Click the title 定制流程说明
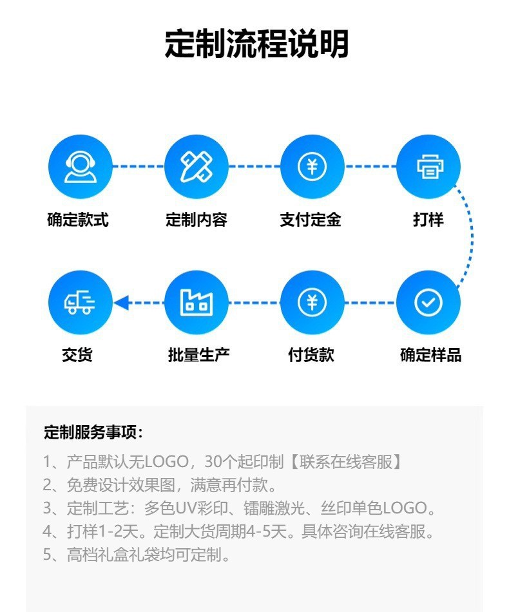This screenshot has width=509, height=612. [x=256, y=44]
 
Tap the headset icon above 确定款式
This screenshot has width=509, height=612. [x=81, y=166]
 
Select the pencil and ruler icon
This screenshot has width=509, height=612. [x=197, y=166]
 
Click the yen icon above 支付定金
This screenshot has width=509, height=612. [x=312, y=166]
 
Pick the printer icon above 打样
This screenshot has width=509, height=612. [x=428, y=166]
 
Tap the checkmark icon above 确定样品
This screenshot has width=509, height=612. [x=428, y=302]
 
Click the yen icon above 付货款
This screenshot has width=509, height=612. [x=312, y=302]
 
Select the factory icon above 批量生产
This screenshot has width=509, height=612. [x=197, y=302]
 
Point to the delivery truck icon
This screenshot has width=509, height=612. [x=81, y=302]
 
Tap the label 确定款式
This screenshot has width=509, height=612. [x=78, y=220]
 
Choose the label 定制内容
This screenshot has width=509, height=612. [x=197, y=220]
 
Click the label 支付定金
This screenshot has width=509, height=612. [x=311, y=220]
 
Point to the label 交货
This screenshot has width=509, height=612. [x=77, y=354]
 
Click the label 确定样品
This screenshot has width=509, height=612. [x=430, y=354]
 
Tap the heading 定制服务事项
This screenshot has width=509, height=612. [x=93, y=432]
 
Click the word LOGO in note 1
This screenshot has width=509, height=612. [x=165, y=462]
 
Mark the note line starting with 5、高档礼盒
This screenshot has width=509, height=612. [x=137, y=555]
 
